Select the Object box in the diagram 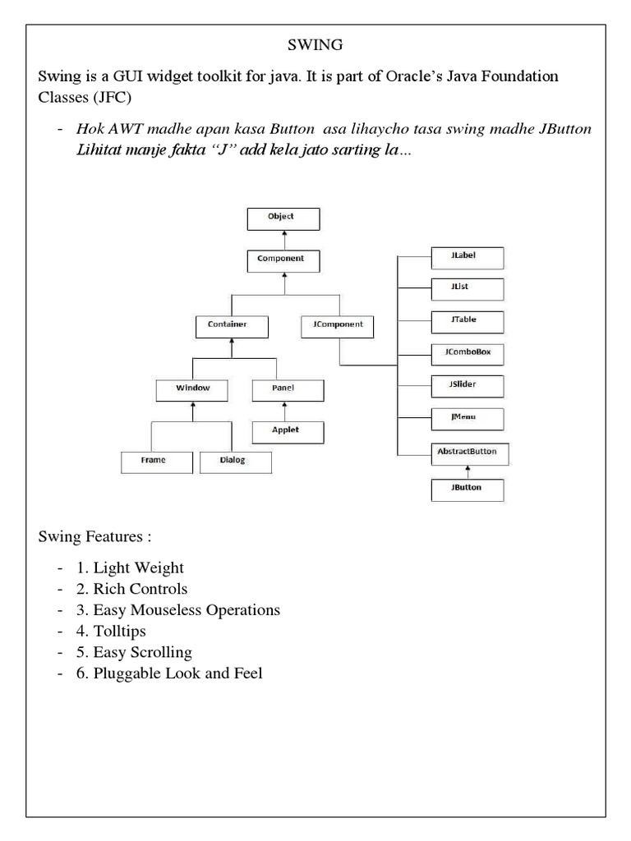280,218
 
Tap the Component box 280,260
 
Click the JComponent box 339,325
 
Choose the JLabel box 466,256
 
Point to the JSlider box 466,385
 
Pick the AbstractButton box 466,452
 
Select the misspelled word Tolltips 122,632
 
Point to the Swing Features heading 94,537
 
